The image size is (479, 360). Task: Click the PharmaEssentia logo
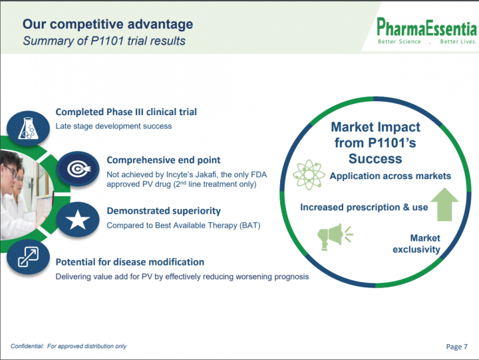426,31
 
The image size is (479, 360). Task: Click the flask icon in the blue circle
28,128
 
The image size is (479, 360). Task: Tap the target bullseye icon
79,169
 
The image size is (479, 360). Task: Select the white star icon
78,220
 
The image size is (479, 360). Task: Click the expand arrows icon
28,257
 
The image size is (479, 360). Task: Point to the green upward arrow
444,204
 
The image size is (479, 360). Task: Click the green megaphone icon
335,237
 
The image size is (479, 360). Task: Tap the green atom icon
309,174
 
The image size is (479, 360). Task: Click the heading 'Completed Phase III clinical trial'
126,112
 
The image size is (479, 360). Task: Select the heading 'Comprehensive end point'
164,160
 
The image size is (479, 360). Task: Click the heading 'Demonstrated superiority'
164,211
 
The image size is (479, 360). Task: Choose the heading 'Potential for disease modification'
130,262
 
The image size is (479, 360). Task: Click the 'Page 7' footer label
456,347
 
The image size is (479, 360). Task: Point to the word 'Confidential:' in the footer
27,346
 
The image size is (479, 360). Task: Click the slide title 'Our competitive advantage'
108,24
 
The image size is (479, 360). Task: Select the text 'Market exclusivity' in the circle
416,244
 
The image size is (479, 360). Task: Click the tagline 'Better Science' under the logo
399,41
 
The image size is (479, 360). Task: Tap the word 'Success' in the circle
375,158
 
